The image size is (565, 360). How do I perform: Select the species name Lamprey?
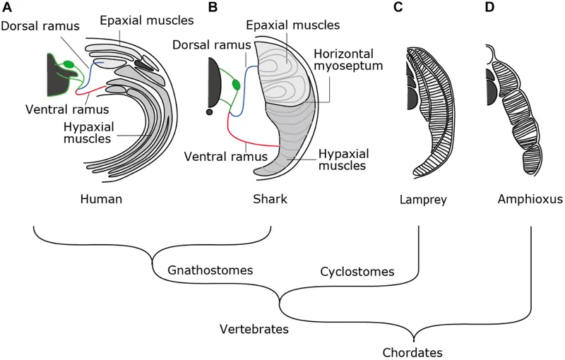[422, 200]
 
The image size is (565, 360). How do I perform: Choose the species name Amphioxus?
[529, 200]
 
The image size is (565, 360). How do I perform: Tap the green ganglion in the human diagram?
[69, 66]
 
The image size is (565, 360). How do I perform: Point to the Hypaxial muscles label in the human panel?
[90, 131]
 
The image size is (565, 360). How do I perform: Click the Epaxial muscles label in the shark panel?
[292, 25]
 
